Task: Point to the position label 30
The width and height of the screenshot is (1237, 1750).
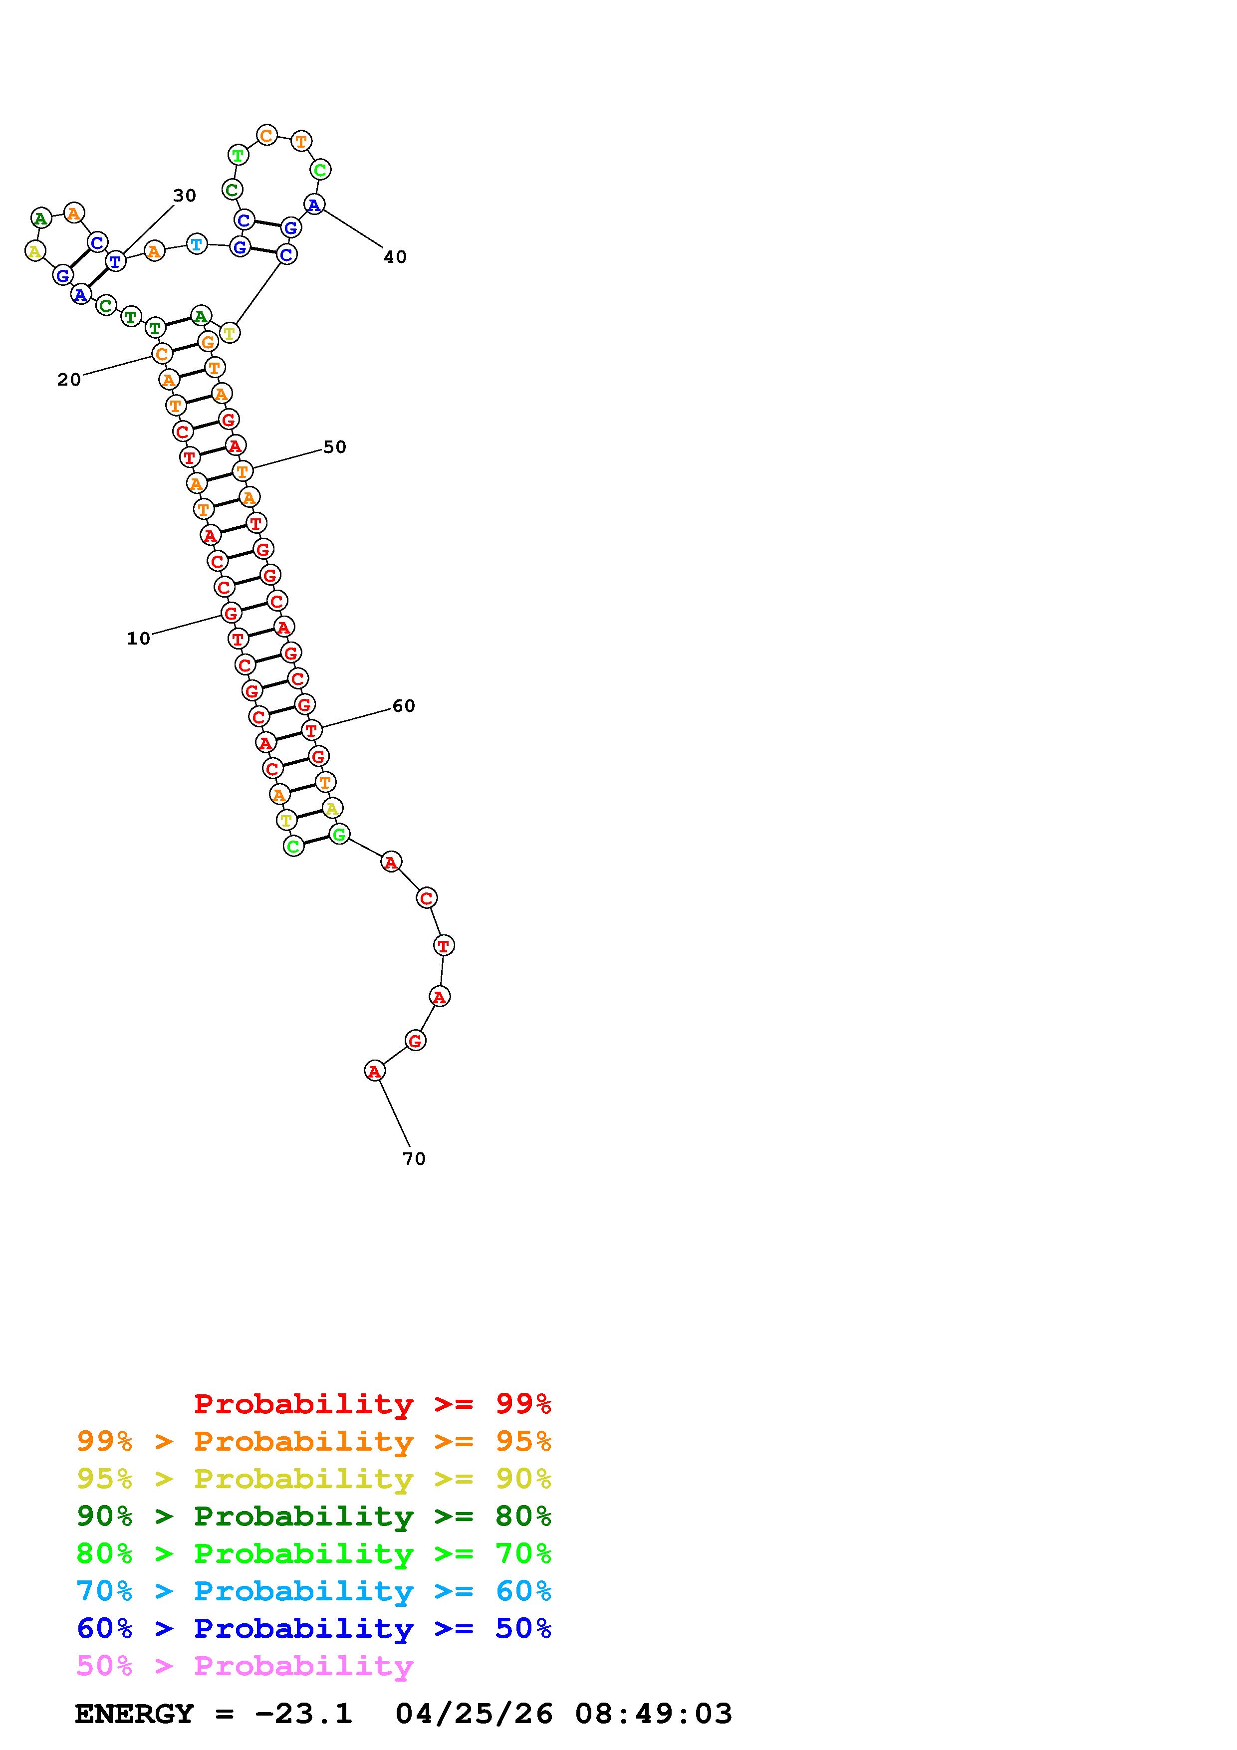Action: (x=185, y=196)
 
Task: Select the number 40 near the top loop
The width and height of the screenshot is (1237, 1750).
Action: (x=395, y=257)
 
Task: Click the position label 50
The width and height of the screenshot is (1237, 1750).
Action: (x=335, y=447)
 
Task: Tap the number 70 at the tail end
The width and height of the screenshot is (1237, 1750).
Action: (x=414, y=1158)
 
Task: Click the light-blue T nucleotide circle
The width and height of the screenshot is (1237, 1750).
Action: (x=197, y=244)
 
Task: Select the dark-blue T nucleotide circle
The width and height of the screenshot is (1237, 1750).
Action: (x=115, y=261)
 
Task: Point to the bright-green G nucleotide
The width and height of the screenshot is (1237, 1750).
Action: (x=339, y=834)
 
